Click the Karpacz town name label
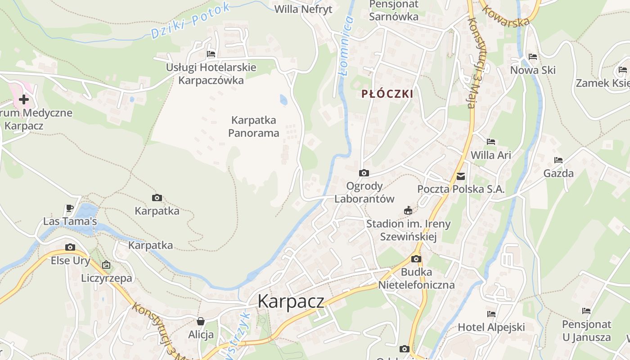[291, 301]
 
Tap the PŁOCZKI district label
[387, 94]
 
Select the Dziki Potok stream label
[190, 20]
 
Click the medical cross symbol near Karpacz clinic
[23, 99]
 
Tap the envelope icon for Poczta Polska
[461, 176]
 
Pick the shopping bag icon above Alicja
[201, 321]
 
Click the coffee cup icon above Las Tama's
[70, 208]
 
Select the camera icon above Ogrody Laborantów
[364, 173]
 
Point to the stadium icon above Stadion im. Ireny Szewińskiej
[408, 210]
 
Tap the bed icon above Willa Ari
[491, 142]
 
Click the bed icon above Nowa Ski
[533, 57]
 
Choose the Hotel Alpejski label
[491, 327]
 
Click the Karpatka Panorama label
[254, 126]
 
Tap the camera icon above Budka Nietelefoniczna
[416, 259]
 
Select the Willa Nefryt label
[303, 9]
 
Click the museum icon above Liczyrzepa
[106, 265]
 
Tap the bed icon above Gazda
[558, 160]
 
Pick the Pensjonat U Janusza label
[586, 331]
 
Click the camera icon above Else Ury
[70, 247]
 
